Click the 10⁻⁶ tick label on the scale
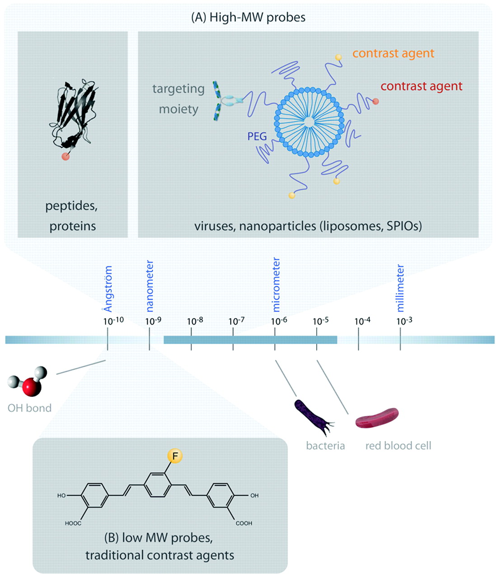coord(279,321)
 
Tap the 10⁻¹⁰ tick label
coord(113,321)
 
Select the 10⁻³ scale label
coord(404,321)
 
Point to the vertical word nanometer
coord(150,286)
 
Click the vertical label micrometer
coord(276,284)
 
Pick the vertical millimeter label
coord(400,288)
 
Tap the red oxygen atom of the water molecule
coord(32,387)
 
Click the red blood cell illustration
coord(377,418)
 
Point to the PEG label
coord(257,136)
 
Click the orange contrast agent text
coord(393,53)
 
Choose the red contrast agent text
coord(421,86)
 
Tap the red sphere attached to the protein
coord(66,156)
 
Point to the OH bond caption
coord(30,408)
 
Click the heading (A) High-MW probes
coord(248,17)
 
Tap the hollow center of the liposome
coord(309,122)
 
